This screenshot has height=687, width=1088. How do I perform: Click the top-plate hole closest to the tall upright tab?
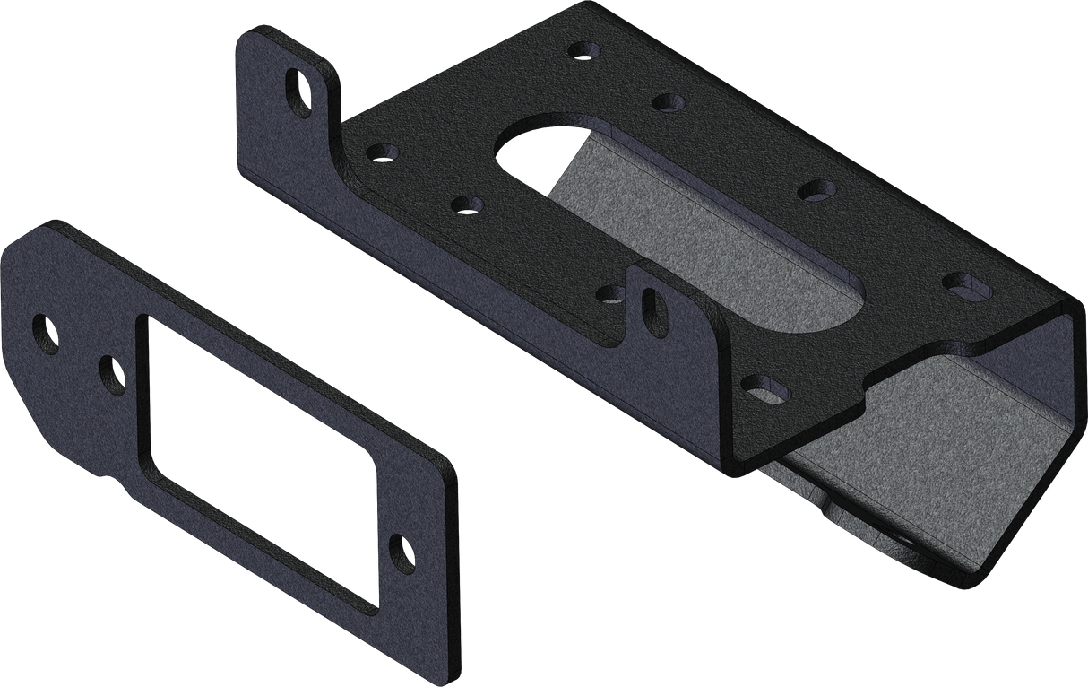tap(379, 151)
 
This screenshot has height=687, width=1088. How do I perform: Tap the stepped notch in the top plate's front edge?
tap(865, 395)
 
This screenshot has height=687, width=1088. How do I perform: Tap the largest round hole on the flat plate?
tap(45, 330)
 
